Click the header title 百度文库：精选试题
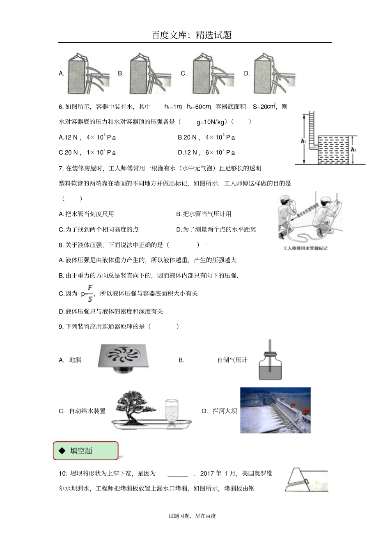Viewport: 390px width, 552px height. tap(191, 35)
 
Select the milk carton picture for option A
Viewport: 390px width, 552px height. tap(88, 74)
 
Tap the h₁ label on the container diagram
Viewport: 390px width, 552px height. tap(303, 141)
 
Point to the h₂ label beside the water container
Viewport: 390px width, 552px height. tap(353, 150)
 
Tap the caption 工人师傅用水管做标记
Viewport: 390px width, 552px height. tap(305, 248)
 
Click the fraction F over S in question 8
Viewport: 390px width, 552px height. tap(90, 293)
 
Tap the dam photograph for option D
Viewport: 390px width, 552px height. tap(275, 410)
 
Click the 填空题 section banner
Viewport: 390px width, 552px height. tap(86, 451)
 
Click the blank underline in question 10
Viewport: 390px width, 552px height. tap(178, 474)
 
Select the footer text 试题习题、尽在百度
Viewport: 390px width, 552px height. tap(192, 516)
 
